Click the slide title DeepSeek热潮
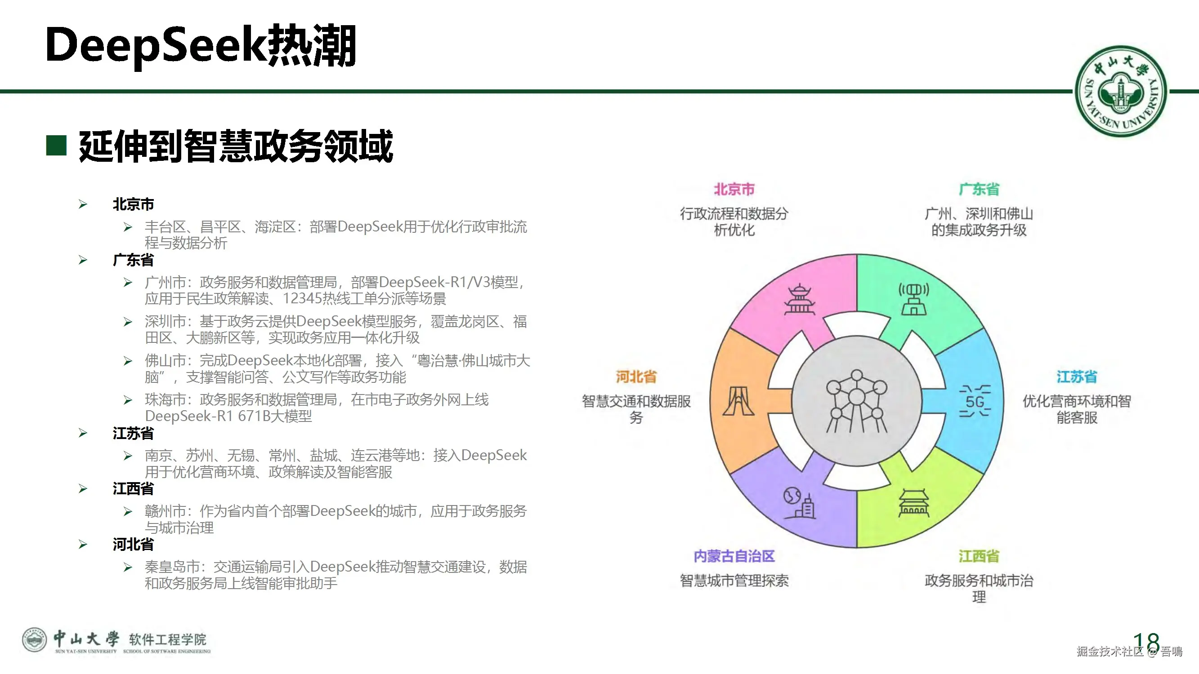[201, 45]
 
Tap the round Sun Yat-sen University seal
[1120, 91]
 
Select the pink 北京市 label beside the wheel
[734, 189]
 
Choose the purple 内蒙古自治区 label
[734, 556]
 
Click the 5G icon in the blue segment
[975, 401]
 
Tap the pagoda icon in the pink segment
[799, 300]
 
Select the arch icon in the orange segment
[738, 401]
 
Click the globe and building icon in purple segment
[799, 502]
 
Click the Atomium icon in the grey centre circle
[856, 401]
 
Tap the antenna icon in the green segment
[913, 300]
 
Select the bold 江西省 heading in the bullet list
[133, 488]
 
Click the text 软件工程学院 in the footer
[168, 639]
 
